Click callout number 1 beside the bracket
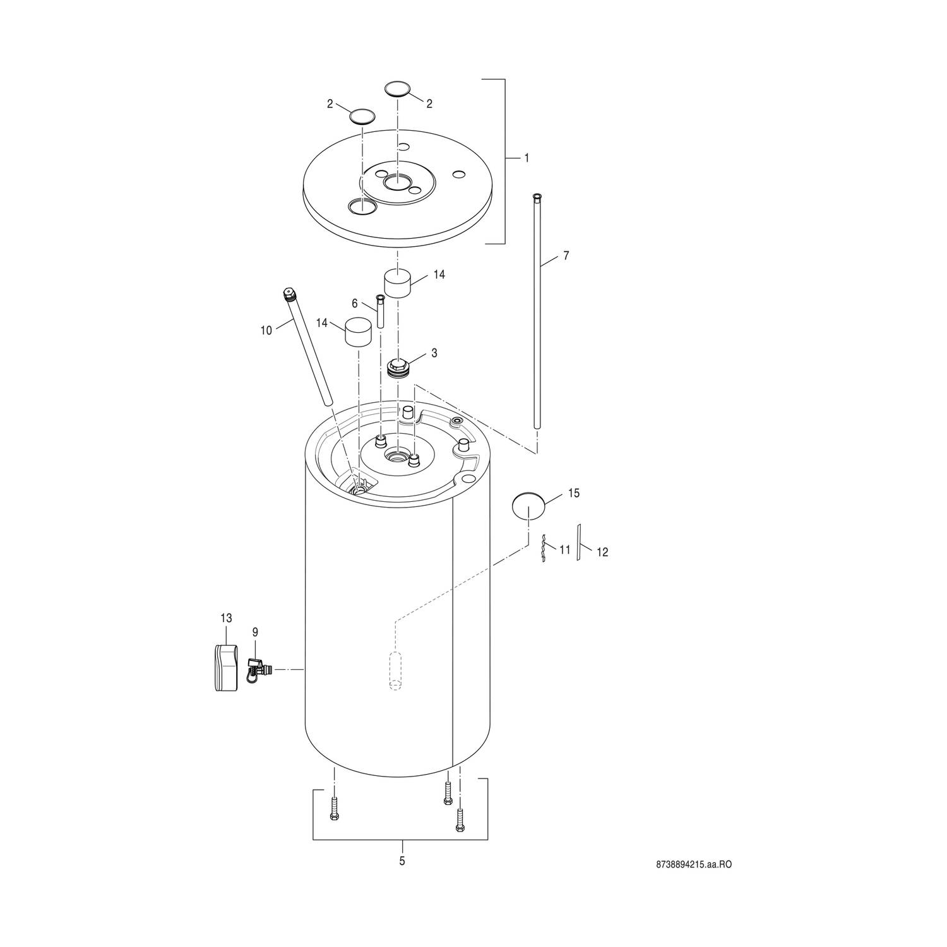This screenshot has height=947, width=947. pyautogui.click(x=527, y=158)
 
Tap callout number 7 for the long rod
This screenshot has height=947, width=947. pyautogui.click(x=566, y=256)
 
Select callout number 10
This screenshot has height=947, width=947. pyautogui.click(x=266, y=330)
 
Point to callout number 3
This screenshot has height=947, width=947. pyautogui.click(x=434, y=353)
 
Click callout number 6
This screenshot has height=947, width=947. pyautogui.click(x=355, y=304)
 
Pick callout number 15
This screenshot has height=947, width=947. pyautogui.click(x=573, y=493)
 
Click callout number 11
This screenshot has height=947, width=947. pyautogui.click(x=564, y=550)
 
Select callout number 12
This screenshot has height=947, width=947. pyautogui.click(x=602, y=552)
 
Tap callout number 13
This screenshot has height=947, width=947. pyautogui.click(x=226, y=618)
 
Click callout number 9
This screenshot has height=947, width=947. pyautogui.click(x=255, y=632)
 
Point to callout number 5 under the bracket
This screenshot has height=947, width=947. pyautogui.click(x=402, y=861)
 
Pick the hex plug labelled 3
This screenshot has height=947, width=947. pyautogui.click(x=398, y=368)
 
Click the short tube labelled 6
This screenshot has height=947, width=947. pyautogui.click(x=381, y=311)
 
